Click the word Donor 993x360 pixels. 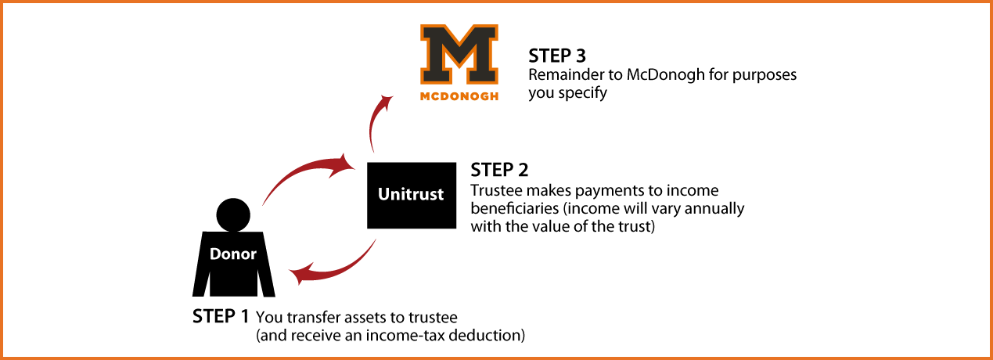point(232,254)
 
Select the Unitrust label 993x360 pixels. point(410,194)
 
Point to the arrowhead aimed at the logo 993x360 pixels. point(387,100)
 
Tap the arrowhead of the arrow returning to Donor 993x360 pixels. point(297,275)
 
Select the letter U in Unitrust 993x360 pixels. point(383,194)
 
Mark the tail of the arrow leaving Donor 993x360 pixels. point(264,203)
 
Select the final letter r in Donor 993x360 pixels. point(253,254)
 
